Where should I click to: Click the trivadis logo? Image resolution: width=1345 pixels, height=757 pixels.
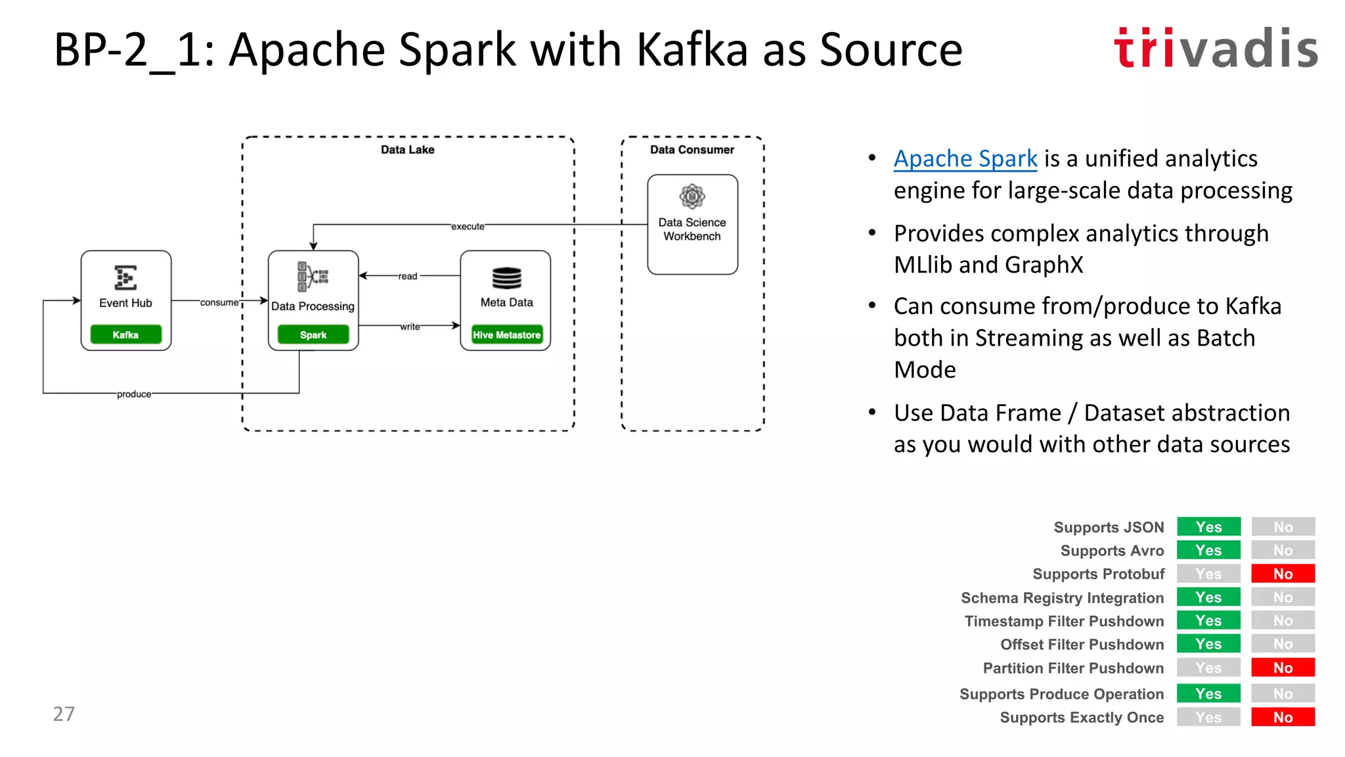pyautogui.click(x=1216, y=48)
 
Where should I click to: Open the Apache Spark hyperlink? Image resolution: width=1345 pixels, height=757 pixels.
pyautogui.click(x=965, y=159)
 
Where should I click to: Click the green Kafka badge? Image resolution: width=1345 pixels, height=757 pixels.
pyautogui.click(x=125, y=334)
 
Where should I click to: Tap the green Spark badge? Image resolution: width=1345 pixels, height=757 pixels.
pyautogui.click(x=313, y=334)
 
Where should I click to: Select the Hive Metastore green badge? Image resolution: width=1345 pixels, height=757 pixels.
pyautogui.click(x=506, y=334)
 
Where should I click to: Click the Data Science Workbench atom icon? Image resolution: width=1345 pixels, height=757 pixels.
pyautogui.click(x=692, y=196)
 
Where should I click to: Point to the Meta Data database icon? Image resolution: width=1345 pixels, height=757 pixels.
pyautogui.click(x=506, y=278)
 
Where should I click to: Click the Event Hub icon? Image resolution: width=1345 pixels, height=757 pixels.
pyautogui.click(x=125, y=277)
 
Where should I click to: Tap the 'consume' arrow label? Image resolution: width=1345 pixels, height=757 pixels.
pyautogui.click(x=219, y=302)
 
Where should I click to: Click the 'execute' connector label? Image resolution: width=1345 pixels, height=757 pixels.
pyautogui.click(x=468, y=226)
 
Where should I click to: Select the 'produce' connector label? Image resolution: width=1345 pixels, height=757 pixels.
pyautogui.click(x=134, y=394)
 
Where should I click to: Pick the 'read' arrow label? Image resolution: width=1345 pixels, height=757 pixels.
pyautogui.click(x=407, y=276)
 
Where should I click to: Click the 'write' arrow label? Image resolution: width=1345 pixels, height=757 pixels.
pyautogui.click(x=410, y=326)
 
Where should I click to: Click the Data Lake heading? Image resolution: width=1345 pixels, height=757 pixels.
pyautogui.click(x=407, y=150)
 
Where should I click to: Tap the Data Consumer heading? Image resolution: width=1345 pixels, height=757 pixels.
pyautogui.click(x=692, y=150)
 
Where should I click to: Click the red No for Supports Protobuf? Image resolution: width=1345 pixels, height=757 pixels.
pyautogui.click(x=1283, y=574)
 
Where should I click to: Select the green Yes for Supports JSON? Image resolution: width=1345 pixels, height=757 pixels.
pyautogui.click(x=1208, y=527)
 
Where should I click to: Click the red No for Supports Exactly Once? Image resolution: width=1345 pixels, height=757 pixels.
pyautogui.click(x=1283, y=717)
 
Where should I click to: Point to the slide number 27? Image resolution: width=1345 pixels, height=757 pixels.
pyautogui.click(x=64, y=714)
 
